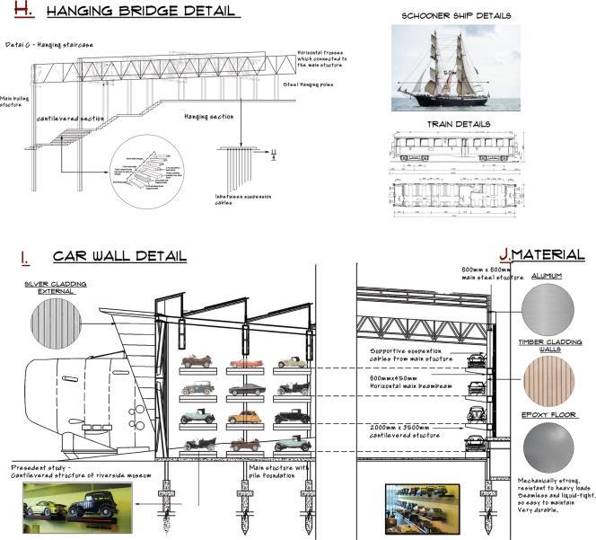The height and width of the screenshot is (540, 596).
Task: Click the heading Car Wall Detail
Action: [119, 257]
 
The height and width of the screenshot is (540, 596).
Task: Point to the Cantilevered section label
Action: [70, 118]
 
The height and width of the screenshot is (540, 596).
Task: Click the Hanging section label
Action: [209, 117]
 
